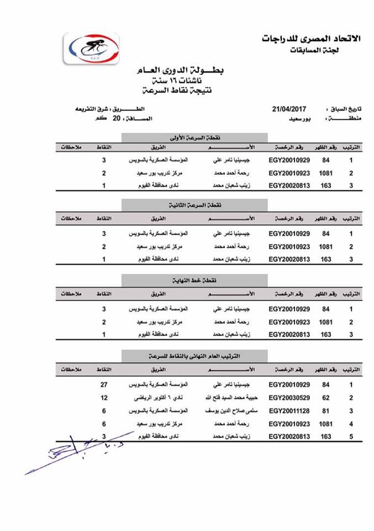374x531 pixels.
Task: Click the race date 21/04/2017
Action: pyautogui.click(x=288, y=109)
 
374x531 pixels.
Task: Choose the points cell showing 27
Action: pyautogui.click(x=103, y=384)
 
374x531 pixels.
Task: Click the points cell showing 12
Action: pyautogui.click(x=103, y=398)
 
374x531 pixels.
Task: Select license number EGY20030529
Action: pyautogui.click(x=289, y=398)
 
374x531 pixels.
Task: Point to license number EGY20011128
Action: pyautogui.click(x=289, y=411)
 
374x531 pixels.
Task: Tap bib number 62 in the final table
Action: pyautogui.click(x=326, y=398)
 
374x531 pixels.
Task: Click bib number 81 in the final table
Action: pyautogui.click(x=326, y=411)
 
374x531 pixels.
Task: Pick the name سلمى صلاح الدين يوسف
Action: pyautogui.click(x=228, y=411)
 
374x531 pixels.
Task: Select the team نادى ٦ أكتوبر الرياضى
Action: pyautogui.click(x=161, y=398)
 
